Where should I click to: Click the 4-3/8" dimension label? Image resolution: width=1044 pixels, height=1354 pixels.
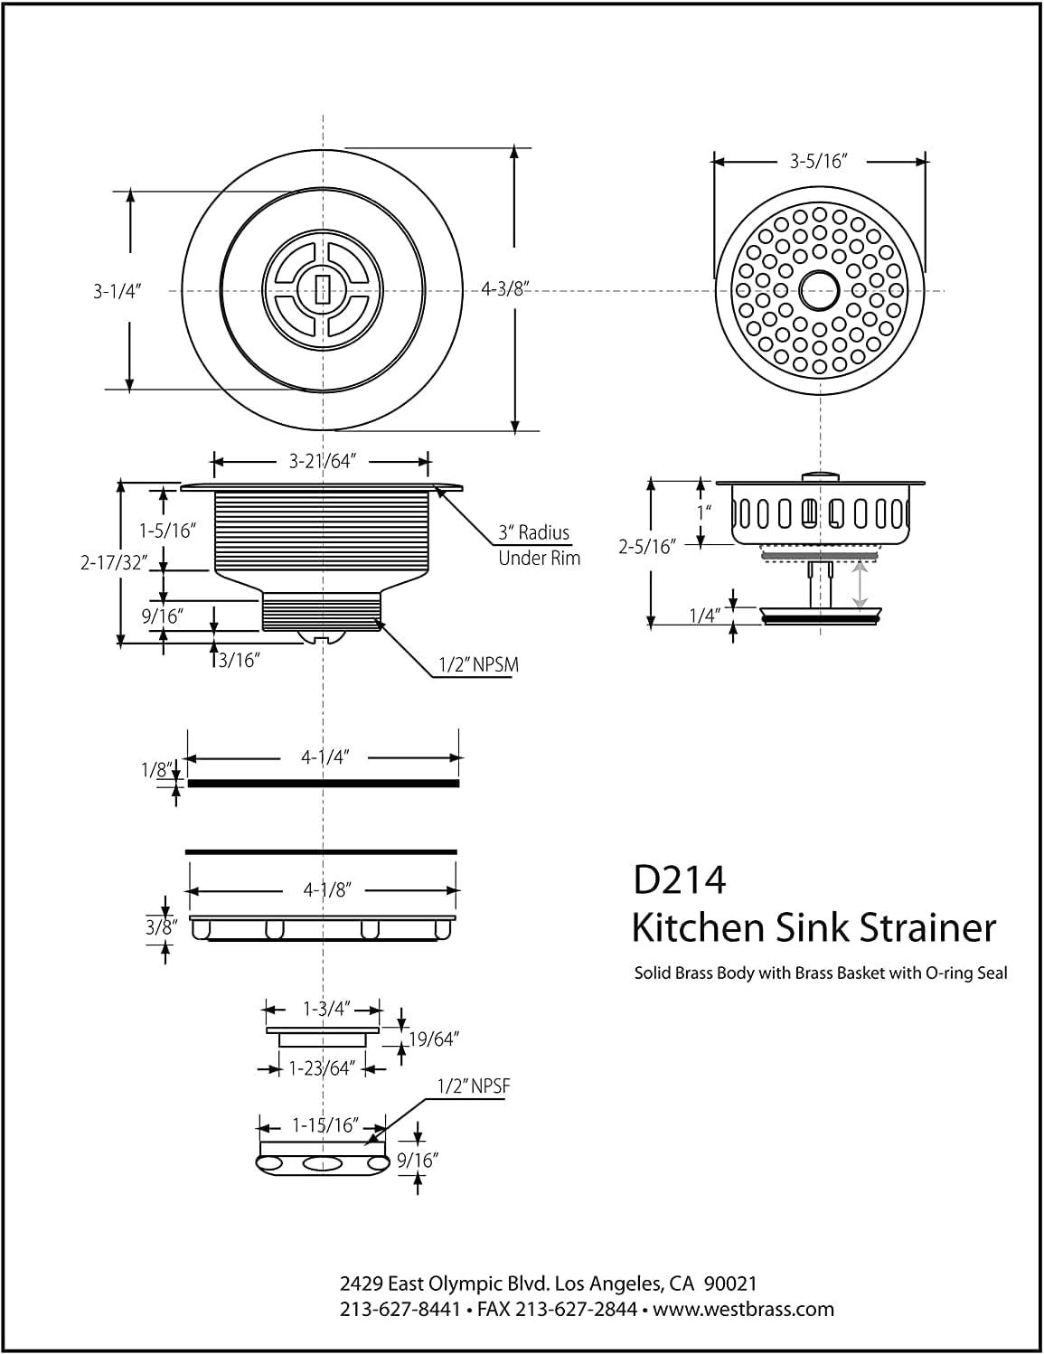(x=505, y=290)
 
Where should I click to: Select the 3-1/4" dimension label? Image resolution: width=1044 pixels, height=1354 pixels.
(x=118, y=291)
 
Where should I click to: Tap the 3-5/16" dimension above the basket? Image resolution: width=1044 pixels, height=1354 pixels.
(x=816, y=162)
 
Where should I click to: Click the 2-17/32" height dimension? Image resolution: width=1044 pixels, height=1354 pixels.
(x=113, y=562)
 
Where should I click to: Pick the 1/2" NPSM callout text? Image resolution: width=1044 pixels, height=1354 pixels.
(x=478, y=665)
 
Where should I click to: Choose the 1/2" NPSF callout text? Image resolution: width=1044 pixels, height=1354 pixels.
(x=474, y=1086)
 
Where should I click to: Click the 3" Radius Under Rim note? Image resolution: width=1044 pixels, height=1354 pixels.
(x=539, y=545)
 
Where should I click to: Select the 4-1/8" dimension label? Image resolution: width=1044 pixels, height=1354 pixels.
(x=326, y=890)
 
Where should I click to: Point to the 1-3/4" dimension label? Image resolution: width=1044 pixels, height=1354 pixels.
(x=324, y=1009)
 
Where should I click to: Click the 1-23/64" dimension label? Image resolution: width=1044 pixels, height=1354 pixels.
(x=320, y=1068)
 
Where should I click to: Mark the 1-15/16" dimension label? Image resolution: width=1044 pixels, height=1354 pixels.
(x=326, y=1126)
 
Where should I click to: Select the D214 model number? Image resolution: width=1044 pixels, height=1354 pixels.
(x=679, y=880)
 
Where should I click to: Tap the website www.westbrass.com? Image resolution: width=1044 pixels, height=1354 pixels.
(x=744, y=1309)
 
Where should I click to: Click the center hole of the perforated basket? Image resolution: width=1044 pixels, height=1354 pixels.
(x=820, y=289)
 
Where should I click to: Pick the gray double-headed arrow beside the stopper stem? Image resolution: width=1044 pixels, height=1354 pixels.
(x=860, y=584)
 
